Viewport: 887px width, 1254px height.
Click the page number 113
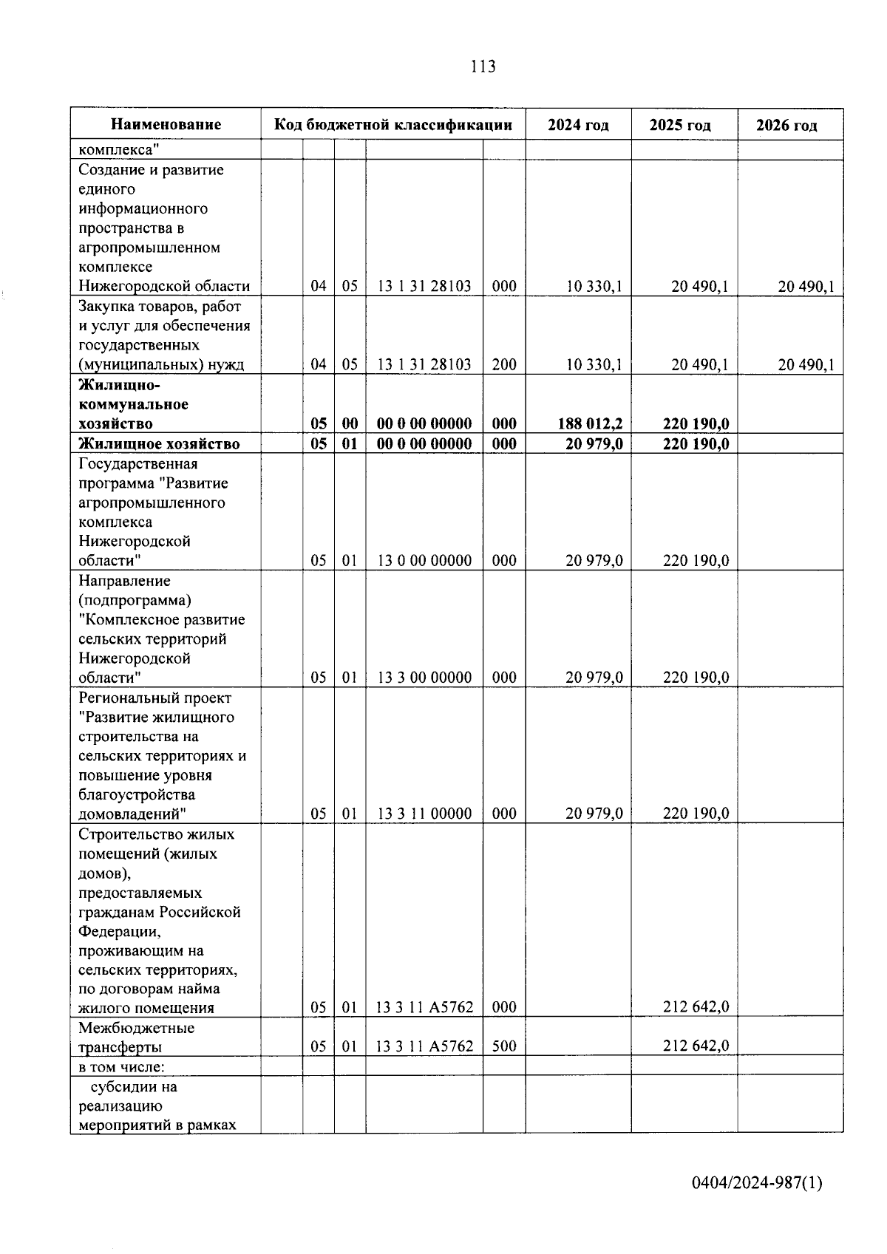coord(483,67)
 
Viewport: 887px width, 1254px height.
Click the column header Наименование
coord(166,125)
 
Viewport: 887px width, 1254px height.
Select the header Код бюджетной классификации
coord(393,125)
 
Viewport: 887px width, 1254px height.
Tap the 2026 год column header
coord(786,126)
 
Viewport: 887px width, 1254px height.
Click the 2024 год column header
coord(578,125)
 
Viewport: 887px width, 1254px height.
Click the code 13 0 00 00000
coord(424,561)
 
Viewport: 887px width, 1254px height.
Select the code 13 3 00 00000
coord(424,678)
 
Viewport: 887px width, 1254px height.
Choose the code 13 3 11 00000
coord(424,814)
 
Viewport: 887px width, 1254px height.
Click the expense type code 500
coord(504,1046)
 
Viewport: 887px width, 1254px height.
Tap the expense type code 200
coord(504,365)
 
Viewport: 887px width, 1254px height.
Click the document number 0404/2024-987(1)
coord(756,1184)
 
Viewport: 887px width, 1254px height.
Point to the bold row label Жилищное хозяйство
coord(159,444)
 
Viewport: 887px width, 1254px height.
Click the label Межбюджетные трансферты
coord(137,1037)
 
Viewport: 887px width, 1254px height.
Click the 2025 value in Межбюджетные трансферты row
coord(696,1046)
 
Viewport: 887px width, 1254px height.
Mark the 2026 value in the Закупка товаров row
coord(806,365)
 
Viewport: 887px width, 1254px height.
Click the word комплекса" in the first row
coord(118,150)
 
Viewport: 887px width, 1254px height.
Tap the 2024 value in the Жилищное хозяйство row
coord(594,444)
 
